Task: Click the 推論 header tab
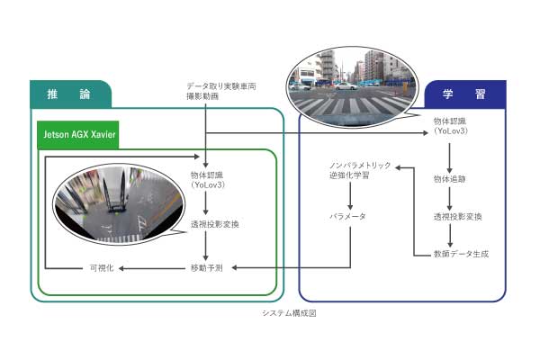[x=70, y=94]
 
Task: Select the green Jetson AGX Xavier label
[x=79, y=134]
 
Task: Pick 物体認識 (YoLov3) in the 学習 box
[x=448, y=126]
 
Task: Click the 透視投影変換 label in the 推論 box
[x=214, y=224]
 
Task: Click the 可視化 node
[x=99, y=267]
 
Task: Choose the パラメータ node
[x=346, y=217]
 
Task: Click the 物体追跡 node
[x=448, y=178]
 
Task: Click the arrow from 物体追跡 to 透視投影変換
[x=448, y=197]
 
